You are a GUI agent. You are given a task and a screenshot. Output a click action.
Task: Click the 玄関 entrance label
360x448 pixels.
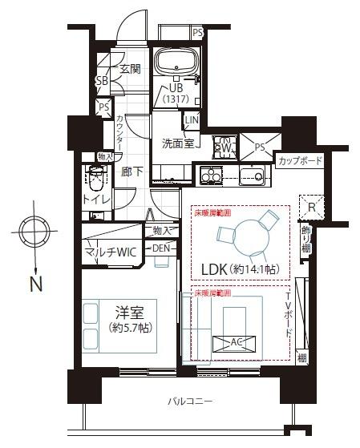point(130,70)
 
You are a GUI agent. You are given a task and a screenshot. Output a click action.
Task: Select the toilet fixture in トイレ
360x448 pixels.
point(96,177)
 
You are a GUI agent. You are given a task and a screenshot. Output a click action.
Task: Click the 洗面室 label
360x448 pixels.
point(178,144)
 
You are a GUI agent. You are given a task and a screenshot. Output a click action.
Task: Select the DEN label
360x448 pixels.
point(161,248)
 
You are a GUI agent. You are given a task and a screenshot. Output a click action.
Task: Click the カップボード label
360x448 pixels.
point(300,161)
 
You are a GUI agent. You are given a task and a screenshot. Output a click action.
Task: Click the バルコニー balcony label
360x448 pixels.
point(190,400)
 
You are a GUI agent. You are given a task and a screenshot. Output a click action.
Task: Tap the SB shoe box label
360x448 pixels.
point(102,81)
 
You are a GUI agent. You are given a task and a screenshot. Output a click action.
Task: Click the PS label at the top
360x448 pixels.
point(197,33)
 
